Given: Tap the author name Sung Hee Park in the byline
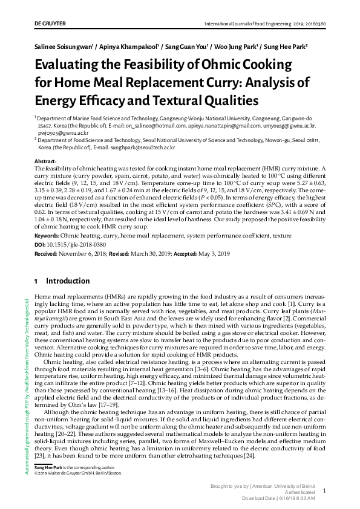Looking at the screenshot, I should tap(286, 46).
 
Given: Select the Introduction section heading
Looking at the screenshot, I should tap(68, 280).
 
